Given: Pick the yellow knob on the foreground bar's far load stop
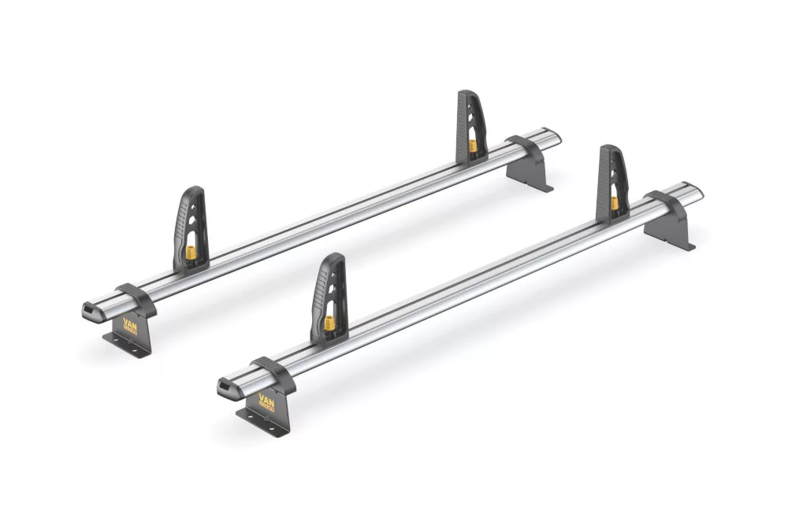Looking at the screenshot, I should pyautogui.click(x=615, y=203).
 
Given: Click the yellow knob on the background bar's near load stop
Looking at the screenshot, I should pyautogui.click(x=190, y=253).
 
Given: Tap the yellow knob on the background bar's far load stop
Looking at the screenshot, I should pyautogui.click(x=472, y=146).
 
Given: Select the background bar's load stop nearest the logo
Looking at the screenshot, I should pyautogui.click(x=189, y=228).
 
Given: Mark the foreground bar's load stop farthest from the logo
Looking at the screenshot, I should pyautogui.click(x=612, y=181).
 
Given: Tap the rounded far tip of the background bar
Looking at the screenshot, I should pyautogui.click(x=558, y=139).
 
